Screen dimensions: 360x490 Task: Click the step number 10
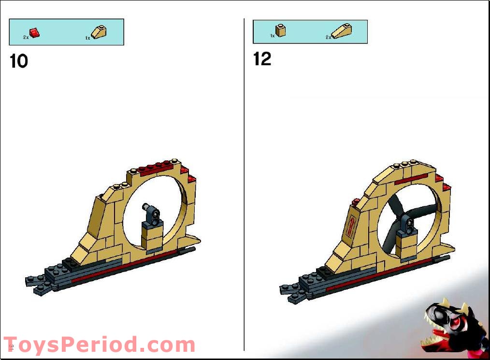click(x=19, y=61)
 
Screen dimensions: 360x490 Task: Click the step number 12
click(x=262, y=59)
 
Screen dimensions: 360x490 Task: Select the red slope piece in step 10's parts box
click(x=35, y=32)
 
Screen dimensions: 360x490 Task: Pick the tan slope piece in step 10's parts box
click(x=100, y=32)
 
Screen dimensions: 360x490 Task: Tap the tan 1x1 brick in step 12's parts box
click(x=280, y=30)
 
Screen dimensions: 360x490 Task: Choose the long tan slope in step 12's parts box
click(x=342, y=31)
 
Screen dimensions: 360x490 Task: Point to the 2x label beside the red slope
click(x=26, y=37)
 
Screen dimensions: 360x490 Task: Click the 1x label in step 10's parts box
click(x=87, y=37)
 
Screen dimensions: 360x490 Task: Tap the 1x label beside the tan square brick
click(x=272, y=36)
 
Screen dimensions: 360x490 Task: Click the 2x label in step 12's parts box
click(x=328, y=37)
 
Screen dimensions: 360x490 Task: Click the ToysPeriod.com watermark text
click(x=99, y=345)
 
